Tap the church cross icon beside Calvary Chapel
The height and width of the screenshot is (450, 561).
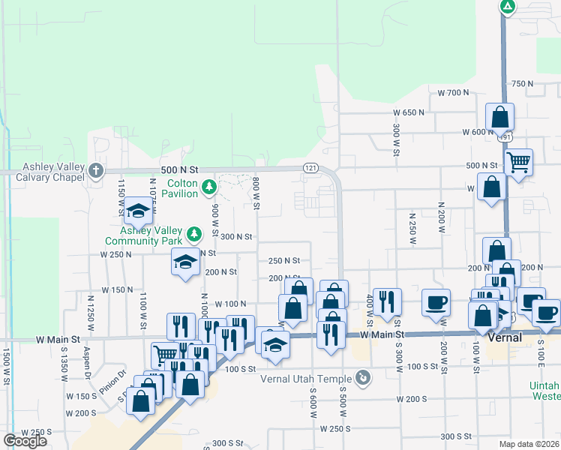[x=96, y=171]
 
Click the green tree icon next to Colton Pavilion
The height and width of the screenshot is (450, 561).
[x=211, y=187]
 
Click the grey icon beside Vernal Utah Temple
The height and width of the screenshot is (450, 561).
[x=364, y=378]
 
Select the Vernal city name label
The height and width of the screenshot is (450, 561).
[x=505, y=338]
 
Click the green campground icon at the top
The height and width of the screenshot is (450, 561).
[x=508, y=7]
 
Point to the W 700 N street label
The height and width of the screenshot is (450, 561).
[x=452, y=92]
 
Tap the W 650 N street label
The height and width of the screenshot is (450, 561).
[x=409, y=112]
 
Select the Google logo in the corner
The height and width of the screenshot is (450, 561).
[x=25, y=441]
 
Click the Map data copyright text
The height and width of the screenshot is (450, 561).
[x=529, y=443]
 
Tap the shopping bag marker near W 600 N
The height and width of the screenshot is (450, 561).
[x=499, y=118]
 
